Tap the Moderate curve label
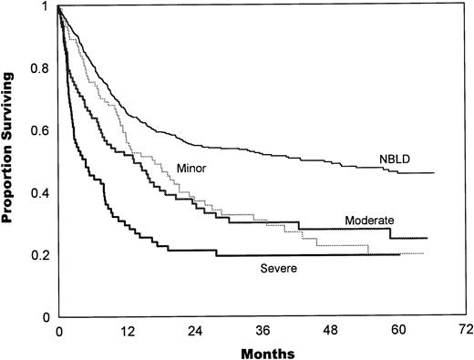coord(370,221)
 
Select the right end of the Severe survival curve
coord(401,255)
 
